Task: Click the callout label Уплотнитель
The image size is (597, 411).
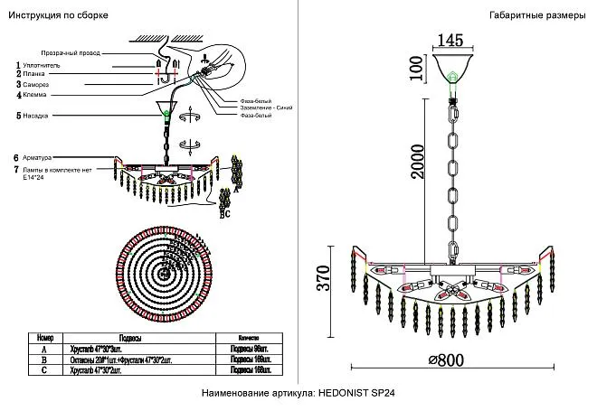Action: pos(42,65)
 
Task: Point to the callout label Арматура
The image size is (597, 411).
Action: pos(40,157)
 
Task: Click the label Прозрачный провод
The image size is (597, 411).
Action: pos(69,53)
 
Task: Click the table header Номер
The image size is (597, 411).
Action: pos(45,335)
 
